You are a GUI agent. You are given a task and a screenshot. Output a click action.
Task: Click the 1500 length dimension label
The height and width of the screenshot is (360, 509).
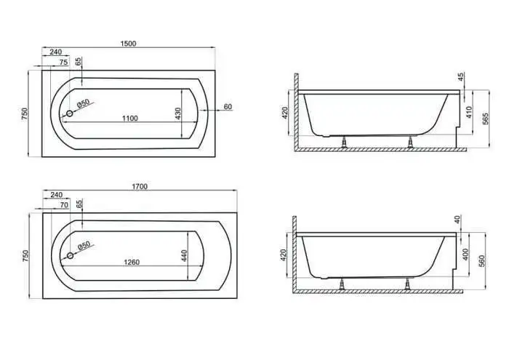pyautogui.click(x=128, y=44)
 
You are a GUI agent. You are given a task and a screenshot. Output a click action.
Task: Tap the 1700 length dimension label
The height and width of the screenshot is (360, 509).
pyautogui.click(x=140, y=186)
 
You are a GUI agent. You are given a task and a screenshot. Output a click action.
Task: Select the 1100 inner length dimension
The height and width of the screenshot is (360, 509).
pyautogui.click(x=130, y=118)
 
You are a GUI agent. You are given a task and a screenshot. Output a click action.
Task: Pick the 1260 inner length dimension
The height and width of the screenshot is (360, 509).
pyautogui.click(x=132, y=262)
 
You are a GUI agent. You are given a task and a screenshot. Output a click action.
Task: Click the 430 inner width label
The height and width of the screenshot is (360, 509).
pyautogui.click(x=177, y=113)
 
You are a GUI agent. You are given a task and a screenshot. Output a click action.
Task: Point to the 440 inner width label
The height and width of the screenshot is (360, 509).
pyautogui.click(x=184, y=256)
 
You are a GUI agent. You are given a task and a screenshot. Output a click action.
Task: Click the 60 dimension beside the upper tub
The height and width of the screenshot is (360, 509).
pyautogui.click(x=228, y=107)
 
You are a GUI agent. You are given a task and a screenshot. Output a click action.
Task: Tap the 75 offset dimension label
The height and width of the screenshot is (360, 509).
pyautogui.click(x=64, y=62)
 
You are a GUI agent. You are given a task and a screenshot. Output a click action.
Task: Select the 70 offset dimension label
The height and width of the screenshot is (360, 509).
pyautogui.click(x=64, y=205)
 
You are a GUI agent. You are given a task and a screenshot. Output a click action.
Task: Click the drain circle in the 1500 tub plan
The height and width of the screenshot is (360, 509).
pyautogui.click(x=70, y=113)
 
